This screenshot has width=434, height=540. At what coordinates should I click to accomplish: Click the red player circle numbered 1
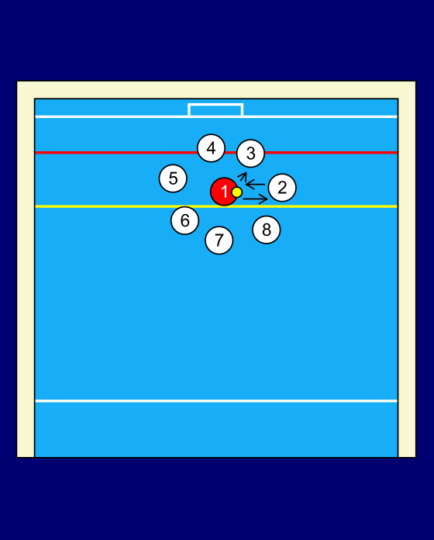point(224,192)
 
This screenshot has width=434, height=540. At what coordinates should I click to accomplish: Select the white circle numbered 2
point(282,188)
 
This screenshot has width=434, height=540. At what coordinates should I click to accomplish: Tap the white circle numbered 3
point(250,154)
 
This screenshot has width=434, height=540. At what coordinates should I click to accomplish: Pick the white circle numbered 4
point(211,148)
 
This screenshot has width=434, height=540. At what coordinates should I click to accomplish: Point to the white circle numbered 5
point(173,178)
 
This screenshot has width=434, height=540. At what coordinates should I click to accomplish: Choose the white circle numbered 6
point(184,220)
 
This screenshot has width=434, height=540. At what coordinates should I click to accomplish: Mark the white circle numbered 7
point(219,240)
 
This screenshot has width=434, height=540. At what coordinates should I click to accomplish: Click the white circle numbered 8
point(267,230)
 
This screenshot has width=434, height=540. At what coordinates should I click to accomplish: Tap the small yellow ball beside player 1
point(236,192)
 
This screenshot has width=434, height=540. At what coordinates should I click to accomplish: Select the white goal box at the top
point(215,104)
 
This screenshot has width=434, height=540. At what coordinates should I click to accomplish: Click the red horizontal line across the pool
point(216,152)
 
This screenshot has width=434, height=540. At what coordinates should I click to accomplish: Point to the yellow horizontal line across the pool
point(216,206)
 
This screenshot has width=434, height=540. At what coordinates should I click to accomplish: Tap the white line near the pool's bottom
point(216,401)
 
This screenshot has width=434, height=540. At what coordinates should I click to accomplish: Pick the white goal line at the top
point(216,116)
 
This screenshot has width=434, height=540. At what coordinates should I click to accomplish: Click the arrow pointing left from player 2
point(255,185)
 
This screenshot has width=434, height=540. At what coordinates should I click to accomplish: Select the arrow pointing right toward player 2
point(255,199)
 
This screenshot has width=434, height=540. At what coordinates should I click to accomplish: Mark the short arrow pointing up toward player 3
point(242,177)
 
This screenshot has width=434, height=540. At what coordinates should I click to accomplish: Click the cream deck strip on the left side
point(26,269)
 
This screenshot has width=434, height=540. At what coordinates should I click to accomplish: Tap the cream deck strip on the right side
point(407,269)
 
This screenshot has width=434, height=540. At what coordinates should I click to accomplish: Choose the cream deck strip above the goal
point(216,90)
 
